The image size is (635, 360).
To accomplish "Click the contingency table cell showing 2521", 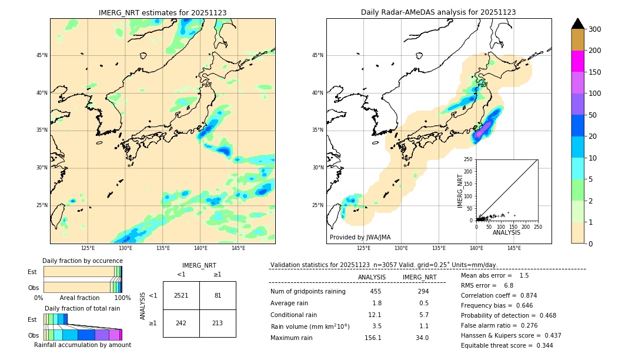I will [181, 295].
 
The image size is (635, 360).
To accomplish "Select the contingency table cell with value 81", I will [218, 295].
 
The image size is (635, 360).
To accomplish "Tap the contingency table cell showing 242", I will [181, 323].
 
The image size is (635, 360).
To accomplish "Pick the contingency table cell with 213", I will [218, 323].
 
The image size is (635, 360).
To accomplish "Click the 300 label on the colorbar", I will [594, 29].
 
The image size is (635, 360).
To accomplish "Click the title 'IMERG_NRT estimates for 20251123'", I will [162, 12].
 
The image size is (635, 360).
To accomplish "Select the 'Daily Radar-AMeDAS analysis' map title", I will [439, 12].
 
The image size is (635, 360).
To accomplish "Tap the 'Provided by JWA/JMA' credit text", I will [360, 238].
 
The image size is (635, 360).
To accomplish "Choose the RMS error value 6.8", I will [509, 285].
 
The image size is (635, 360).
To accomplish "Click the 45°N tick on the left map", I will [42, 55].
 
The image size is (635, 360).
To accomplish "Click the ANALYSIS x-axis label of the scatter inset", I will [506, 232].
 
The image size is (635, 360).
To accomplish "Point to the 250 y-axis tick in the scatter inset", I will [469, 159].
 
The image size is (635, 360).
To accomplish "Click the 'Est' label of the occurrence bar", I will [32, 272].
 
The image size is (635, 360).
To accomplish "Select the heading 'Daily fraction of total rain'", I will [82, 308].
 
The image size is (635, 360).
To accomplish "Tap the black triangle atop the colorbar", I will [578, 24].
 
